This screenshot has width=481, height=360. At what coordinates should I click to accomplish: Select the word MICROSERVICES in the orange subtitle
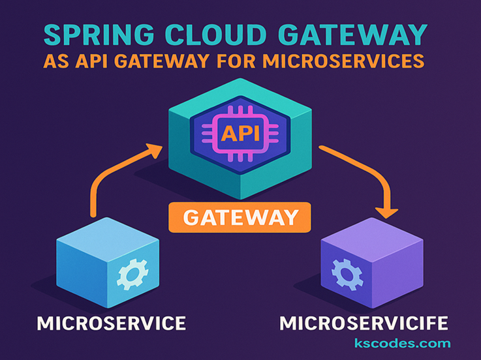coord(356,62)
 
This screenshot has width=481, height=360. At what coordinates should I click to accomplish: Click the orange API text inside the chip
coord(241,134)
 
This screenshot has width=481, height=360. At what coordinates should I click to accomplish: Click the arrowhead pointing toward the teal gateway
coord(155,152)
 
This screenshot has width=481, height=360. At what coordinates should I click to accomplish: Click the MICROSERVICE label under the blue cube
coord(111,323)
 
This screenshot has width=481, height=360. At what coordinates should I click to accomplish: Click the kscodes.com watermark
coord(402,344)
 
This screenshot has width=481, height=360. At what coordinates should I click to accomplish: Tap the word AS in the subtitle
coord(55,62)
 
